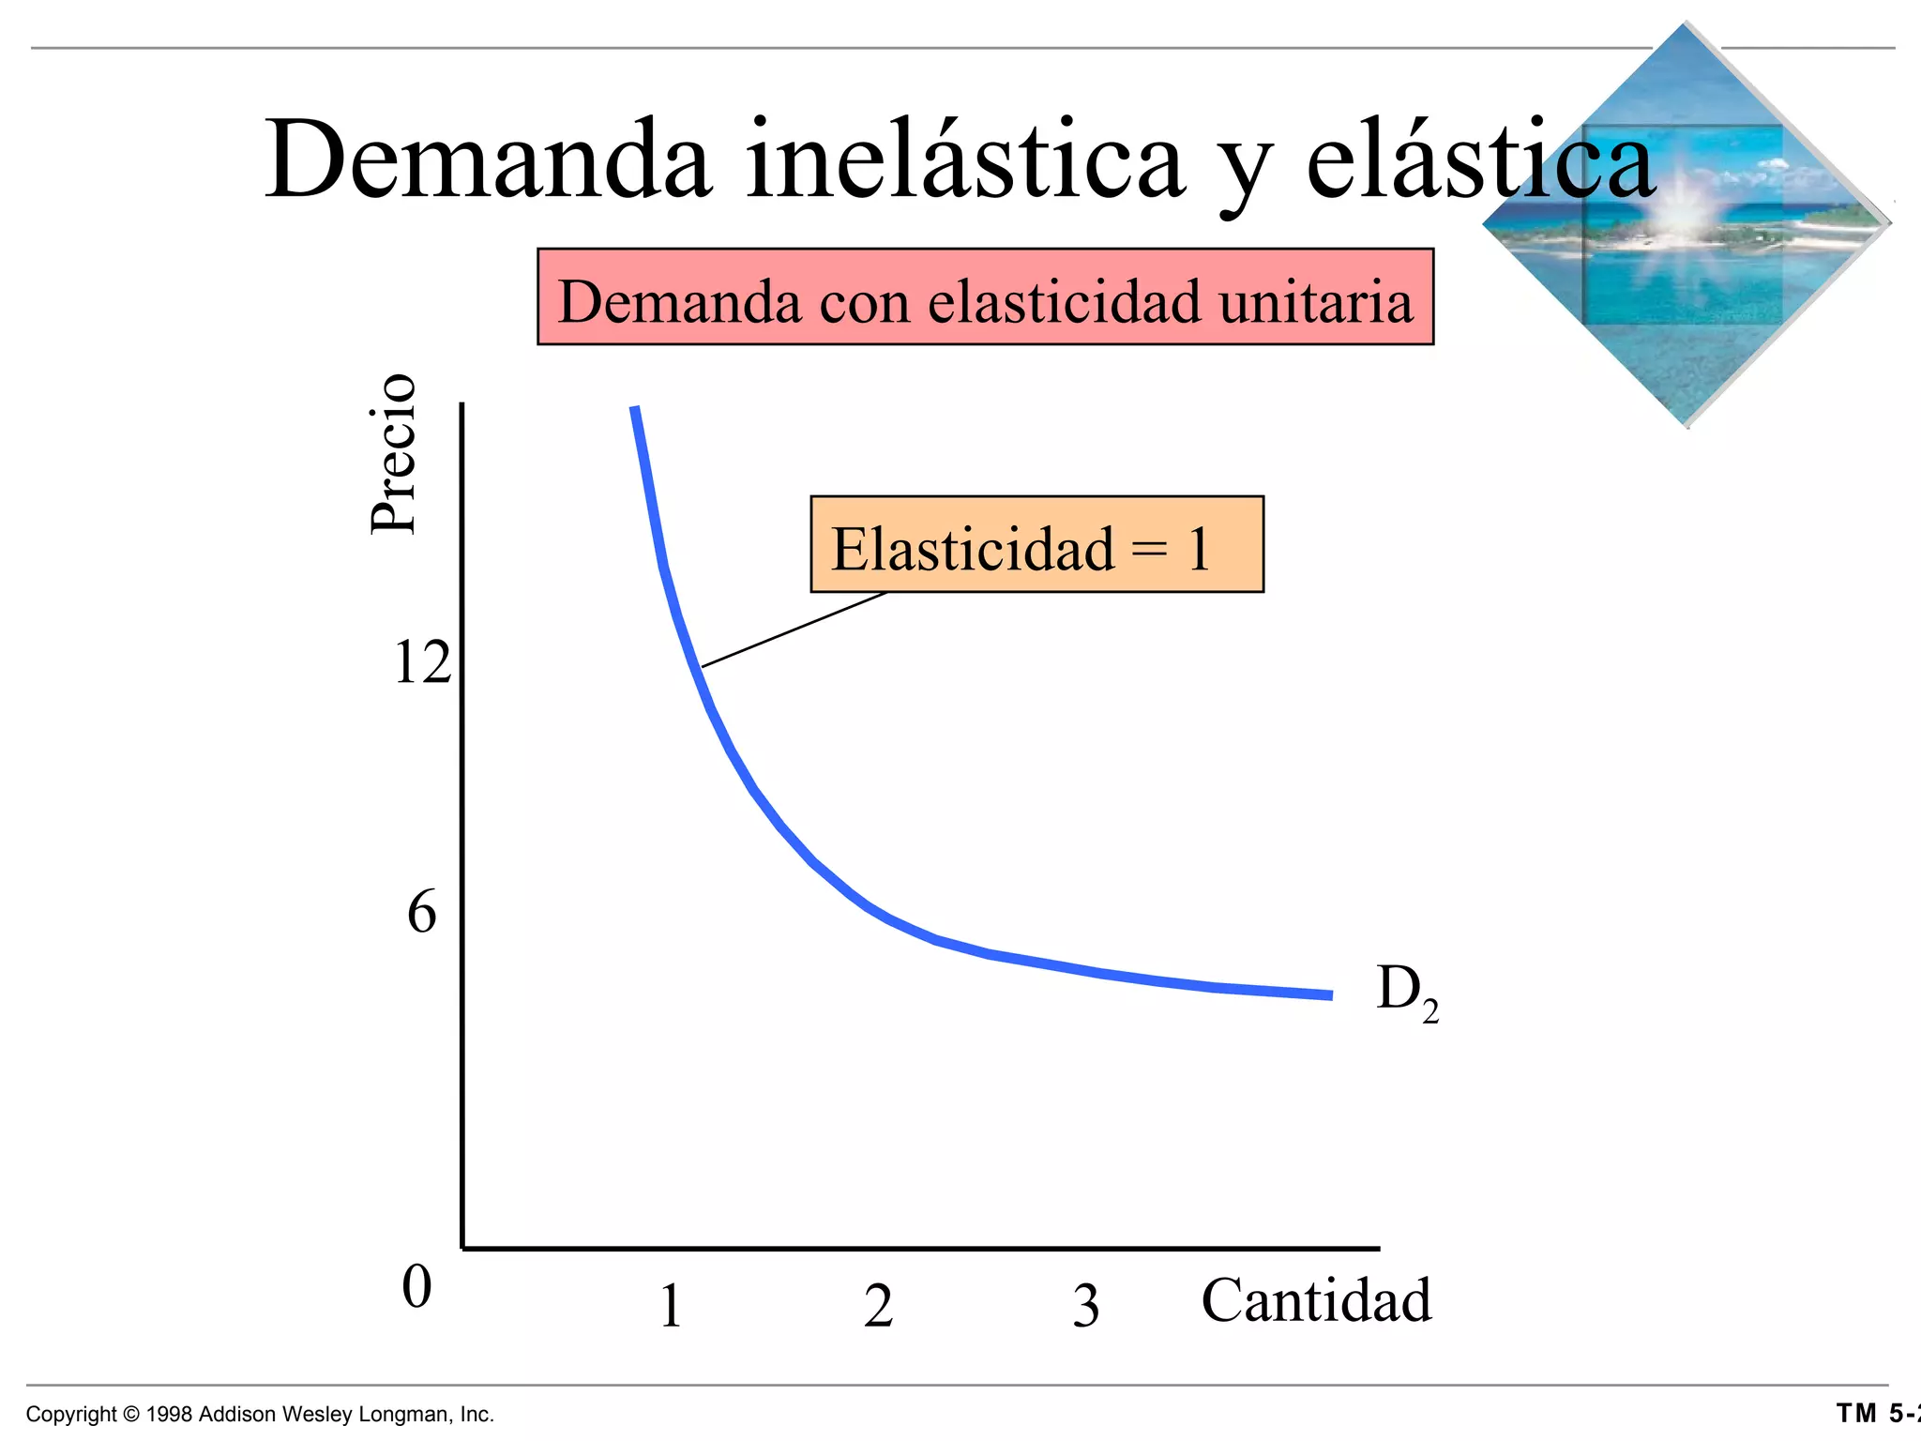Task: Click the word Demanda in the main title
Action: pyautogui.click(x=488, y=159)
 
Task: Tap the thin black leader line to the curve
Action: pyautogui.click(x=793, y=629)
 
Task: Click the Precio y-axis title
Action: pyautogui.click(x=392, y=454)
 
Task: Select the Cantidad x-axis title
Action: pyautogui.click(x=1316, y=1301)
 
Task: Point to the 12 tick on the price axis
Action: pyautogui.click(x=422, y=663)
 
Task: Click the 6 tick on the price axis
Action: pyautogui.click(x=421, y=912)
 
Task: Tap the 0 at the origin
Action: pyautogui.click(x=416, y=1286)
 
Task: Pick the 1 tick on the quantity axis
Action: pyautogui.click(x=670, y=1306)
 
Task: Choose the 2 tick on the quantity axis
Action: pyautogui.click(x=878, y=1306)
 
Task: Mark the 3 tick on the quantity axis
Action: pyautogui.click(x=1085, y=1306)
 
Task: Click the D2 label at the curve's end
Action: pyautogui.click(x=1405, y=993)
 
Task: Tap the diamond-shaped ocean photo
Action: pyautogui.click(x=1686, y=225)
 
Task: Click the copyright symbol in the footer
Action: pyautogui.click(x=130, y=1415)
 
